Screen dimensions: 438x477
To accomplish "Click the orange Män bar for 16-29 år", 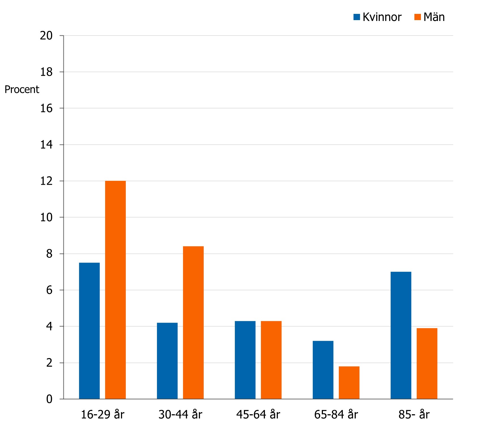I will coord(115,290).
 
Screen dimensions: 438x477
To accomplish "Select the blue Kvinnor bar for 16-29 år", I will coord(89,331).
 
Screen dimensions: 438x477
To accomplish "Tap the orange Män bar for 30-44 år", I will coord(193,323).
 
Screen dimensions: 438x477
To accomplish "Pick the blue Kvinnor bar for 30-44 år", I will coord(167,361).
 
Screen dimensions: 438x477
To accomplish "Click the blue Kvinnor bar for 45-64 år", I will coord(245,360).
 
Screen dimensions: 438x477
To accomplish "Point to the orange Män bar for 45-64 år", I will coord(271,360).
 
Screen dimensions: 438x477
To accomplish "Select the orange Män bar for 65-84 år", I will coord(349,383).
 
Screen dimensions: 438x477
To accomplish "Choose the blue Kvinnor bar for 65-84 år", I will coord(323,370).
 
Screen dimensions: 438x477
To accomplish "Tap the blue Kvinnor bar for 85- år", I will coord(401,335).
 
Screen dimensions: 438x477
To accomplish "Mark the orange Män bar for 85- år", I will coord(427,363).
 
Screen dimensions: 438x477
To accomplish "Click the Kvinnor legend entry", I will coord(378,17).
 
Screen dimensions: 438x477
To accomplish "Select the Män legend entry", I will coord(429,17).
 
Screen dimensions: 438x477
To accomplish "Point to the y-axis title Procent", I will coord(22,90).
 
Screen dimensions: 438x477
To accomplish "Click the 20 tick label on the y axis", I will coord(46,36).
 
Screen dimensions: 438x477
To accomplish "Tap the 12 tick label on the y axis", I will coord(46,181).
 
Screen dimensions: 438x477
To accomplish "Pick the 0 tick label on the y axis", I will coord(49,399).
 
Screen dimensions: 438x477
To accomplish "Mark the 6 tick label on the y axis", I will coord(49,290).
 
